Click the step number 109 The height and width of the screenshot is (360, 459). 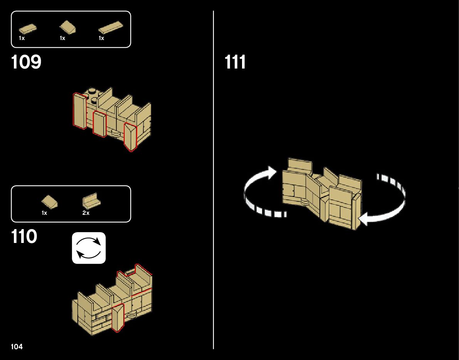[26, 62]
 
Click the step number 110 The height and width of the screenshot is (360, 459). [24, 237]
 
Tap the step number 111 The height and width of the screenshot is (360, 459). [235, 62]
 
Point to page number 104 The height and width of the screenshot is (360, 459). [17, 347]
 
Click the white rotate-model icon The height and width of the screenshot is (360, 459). [89, 248]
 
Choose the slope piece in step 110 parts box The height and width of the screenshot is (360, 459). [50, 201]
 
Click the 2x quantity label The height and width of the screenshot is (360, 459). [86, 213]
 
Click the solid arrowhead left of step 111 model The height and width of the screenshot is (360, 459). [271, 172]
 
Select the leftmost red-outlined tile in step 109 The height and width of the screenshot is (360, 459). [80, 111]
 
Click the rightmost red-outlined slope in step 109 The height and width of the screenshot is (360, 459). [130, 137]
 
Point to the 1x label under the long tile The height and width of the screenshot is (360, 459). [101, 38]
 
